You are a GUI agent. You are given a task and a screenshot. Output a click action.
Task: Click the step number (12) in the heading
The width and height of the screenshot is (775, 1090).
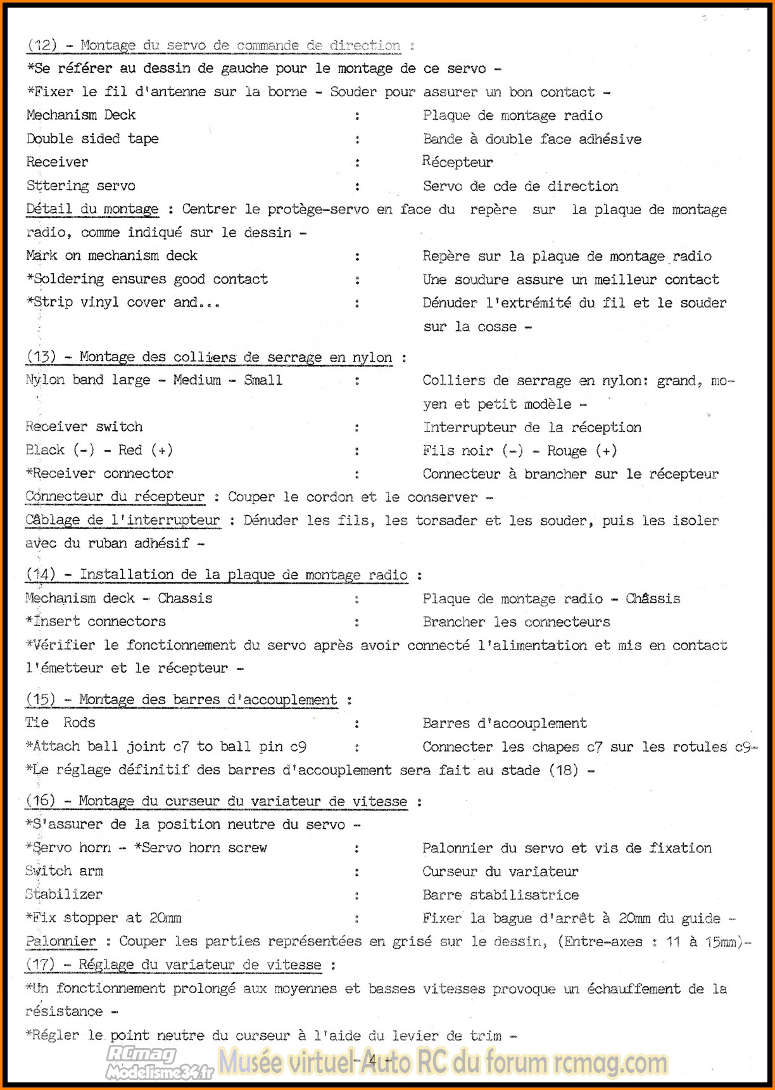42,45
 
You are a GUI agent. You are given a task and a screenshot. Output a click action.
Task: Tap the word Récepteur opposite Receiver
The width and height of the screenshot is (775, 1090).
457,162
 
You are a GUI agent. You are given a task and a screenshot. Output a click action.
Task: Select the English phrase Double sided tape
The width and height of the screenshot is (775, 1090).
92,139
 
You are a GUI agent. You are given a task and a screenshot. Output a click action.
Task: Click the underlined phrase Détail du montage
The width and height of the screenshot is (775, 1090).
92,209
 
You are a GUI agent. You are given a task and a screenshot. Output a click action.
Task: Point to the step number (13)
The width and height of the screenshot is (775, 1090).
41,357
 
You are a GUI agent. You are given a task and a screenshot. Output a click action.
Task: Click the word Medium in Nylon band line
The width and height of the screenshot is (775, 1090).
197,380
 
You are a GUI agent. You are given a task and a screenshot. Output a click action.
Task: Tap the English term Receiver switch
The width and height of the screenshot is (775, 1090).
84,426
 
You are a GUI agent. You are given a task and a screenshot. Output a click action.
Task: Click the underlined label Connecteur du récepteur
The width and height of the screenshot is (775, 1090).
115,497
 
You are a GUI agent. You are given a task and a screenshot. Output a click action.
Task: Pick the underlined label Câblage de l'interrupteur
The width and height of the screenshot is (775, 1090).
123,520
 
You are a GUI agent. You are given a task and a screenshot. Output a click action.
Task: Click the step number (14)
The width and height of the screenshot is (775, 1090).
41,575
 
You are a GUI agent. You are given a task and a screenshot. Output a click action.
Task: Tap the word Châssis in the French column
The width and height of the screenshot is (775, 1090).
653,598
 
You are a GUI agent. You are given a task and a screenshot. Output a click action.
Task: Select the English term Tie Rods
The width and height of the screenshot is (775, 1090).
60,722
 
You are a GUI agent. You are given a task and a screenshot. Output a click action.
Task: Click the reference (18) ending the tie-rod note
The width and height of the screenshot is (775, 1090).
563,770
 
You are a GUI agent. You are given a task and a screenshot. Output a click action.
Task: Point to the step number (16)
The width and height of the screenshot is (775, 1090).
41,801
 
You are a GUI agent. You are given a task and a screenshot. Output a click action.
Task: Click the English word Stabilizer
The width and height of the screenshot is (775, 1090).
64,894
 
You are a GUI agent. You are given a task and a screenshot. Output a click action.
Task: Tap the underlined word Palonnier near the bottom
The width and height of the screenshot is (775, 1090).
61,941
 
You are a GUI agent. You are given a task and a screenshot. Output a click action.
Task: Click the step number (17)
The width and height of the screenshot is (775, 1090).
41,965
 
